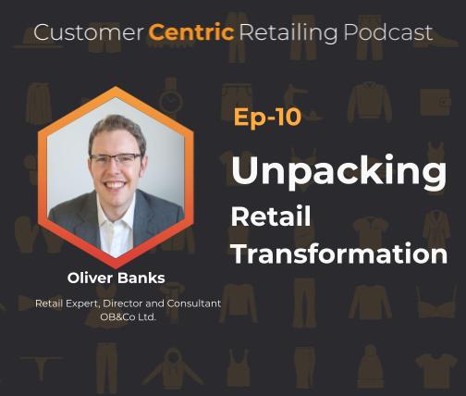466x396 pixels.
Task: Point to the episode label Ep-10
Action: click(267, 118)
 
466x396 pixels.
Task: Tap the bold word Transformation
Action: click(338, 252)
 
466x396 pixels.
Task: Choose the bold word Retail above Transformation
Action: click(270, 217)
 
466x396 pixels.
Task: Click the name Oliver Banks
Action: click(116, 278)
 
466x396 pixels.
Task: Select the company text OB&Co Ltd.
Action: click(116, 317)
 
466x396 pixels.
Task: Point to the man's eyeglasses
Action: click(115, 159)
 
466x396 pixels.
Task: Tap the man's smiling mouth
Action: click(116, 184)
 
